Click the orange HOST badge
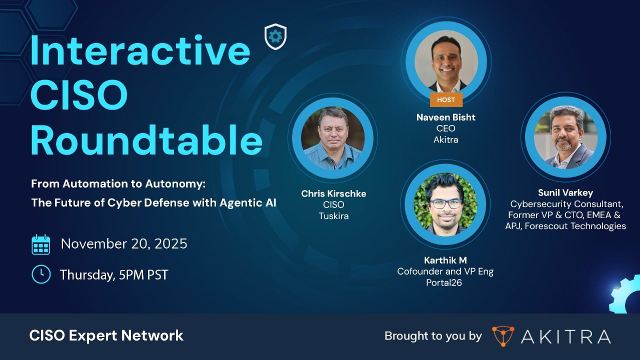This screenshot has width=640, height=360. click(446, 99)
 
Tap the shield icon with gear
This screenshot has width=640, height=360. click(275, 36)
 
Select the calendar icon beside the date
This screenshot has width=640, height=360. click(41, 244)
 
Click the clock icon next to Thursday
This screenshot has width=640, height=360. click(41, 274)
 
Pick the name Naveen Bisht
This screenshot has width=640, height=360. click(446, 117)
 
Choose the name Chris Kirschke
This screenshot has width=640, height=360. click(333, 193)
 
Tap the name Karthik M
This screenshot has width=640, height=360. click(445, 260)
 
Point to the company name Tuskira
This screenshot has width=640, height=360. click(333, 215)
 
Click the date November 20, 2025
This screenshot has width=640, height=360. click(124, 244)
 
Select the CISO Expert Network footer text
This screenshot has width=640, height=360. click(106, 335)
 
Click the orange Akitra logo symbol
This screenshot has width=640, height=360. click(502, 336)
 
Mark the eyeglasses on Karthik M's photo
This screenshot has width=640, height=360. click(446, 203)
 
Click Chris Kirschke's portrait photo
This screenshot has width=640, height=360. click(333, 138)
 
